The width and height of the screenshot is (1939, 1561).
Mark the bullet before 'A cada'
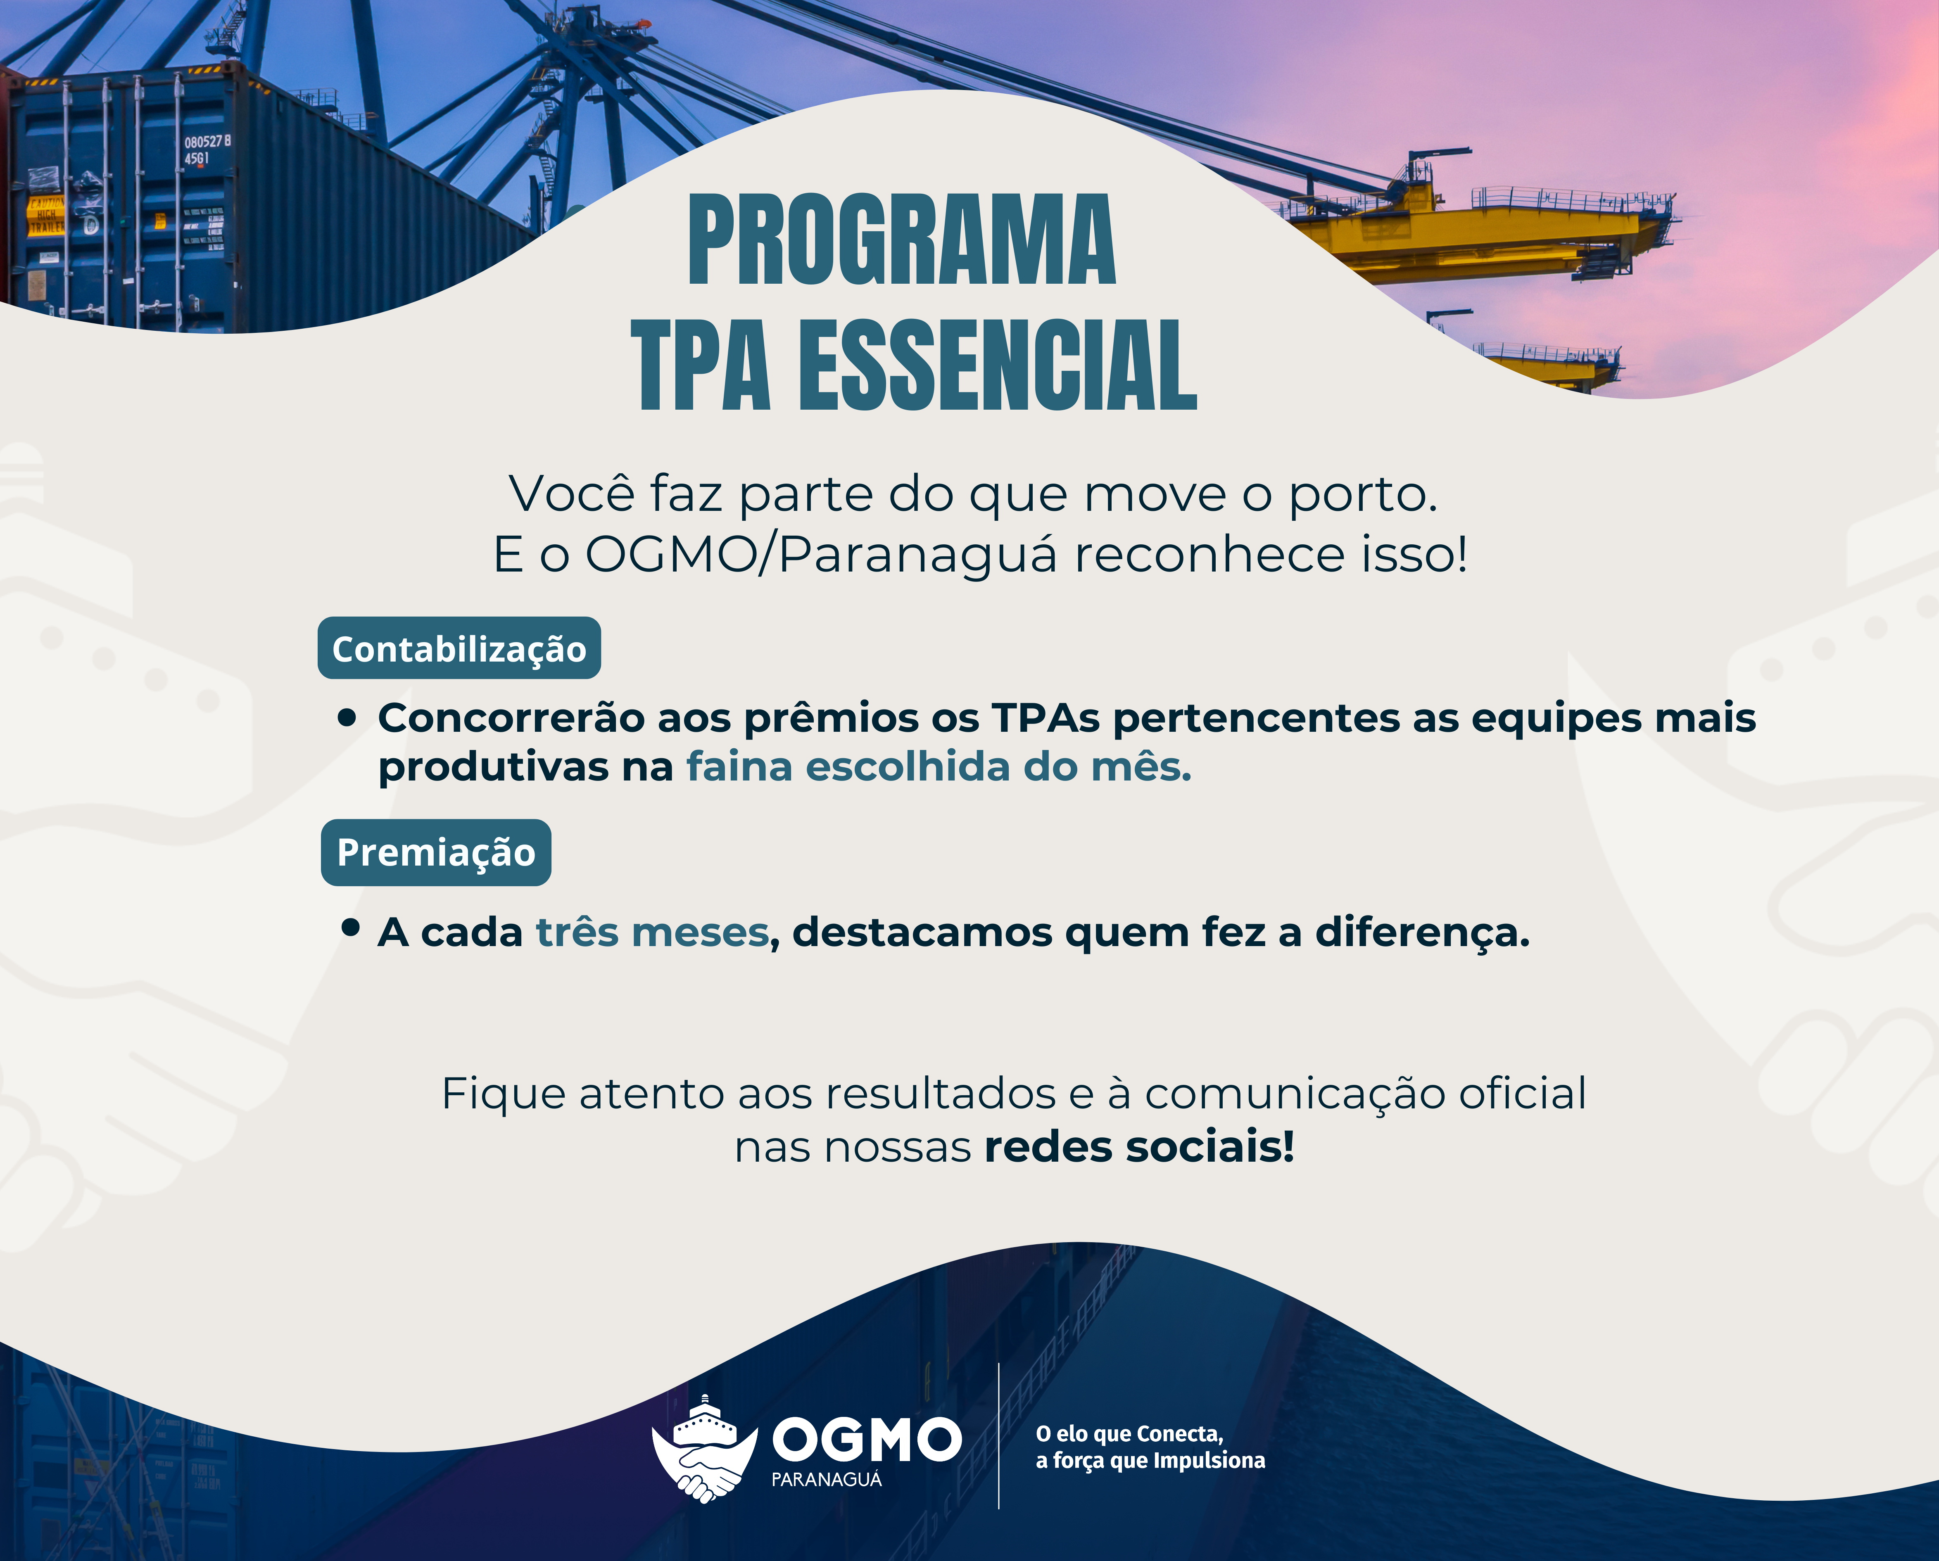tap(351, 927)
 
